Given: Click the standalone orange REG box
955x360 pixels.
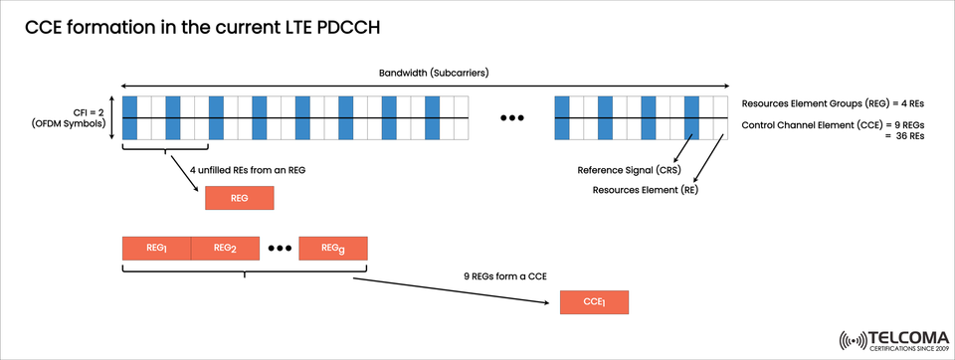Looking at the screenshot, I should [x=239, y=198].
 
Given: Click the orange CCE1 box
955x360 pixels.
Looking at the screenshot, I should [x=595, y=302].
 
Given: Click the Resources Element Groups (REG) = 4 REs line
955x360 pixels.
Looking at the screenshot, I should [x=833, y=103].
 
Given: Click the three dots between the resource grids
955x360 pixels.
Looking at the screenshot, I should [x=511, y=119].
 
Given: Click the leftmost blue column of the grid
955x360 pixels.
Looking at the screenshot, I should [x=129, y=118].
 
